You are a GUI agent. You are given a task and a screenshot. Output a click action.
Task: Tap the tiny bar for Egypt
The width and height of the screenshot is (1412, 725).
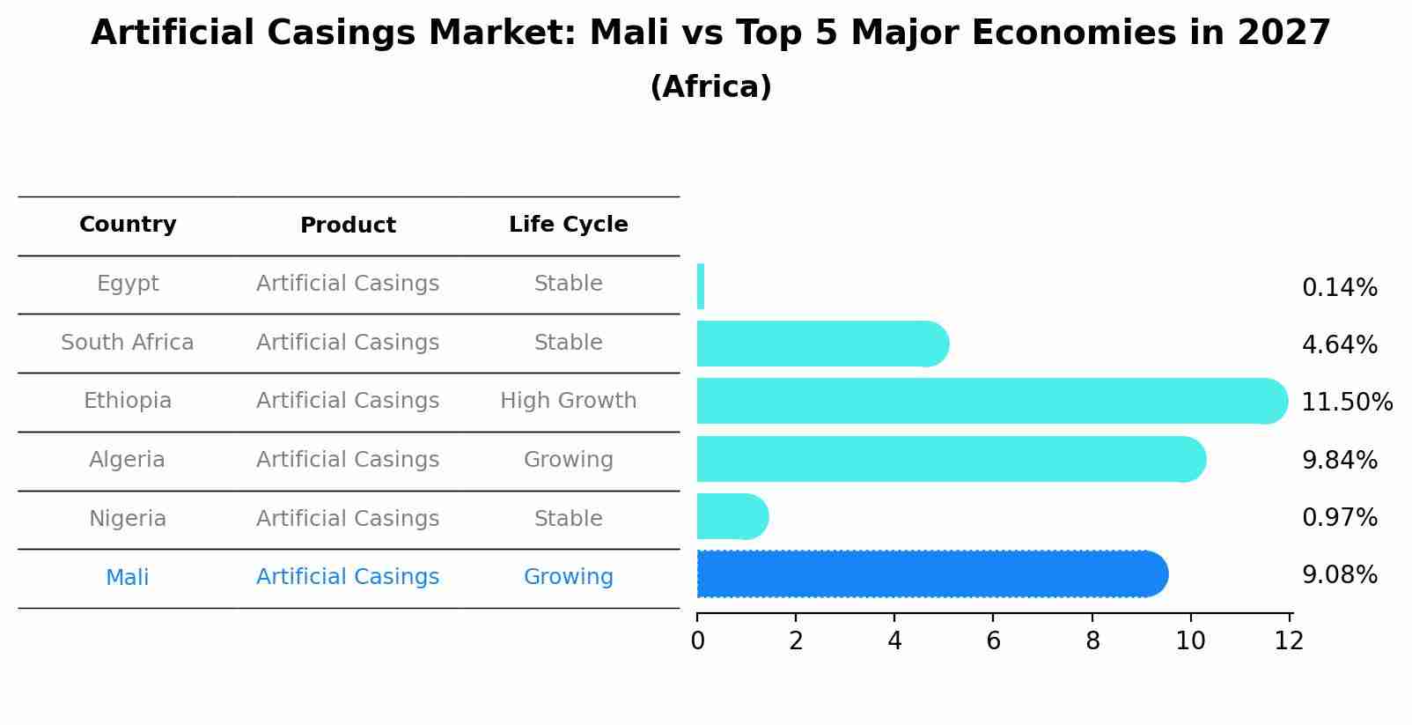point(701,286)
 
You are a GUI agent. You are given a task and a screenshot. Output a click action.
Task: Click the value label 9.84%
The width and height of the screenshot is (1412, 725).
point(1339,460)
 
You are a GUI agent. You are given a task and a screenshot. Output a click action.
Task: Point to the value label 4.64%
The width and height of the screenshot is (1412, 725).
point(1339,344)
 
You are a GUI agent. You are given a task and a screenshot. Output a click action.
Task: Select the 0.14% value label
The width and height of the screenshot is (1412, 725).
point(1339,287)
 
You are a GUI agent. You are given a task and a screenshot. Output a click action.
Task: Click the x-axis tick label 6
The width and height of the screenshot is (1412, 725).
point(993,641)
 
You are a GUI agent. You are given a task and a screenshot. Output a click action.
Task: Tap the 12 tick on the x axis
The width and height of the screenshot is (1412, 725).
point(1289,641)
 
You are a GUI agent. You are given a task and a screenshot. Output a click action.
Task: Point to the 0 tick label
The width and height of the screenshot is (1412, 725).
point(697,641)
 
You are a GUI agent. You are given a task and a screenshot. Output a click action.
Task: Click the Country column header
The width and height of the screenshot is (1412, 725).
point(128,225)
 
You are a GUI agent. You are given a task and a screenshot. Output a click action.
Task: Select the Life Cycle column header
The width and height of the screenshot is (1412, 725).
point(568,225)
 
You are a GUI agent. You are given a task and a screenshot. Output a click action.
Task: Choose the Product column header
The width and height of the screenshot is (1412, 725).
point(348,226)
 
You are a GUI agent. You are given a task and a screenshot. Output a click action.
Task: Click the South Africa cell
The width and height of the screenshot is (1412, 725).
point(128,343)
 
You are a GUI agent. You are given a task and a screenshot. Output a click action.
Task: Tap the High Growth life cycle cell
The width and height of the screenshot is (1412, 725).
point(568,401)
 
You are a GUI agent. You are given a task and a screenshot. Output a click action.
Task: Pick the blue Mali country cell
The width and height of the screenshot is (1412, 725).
point(128,578)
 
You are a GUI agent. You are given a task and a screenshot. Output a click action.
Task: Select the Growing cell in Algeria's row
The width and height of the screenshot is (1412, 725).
point(568,460)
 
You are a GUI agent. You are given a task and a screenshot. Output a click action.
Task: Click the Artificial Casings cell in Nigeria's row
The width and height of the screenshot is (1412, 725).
point(348,519)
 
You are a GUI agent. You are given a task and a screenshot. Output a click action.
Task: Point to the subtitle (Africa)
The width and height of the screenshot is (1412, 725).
point(710,87)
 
